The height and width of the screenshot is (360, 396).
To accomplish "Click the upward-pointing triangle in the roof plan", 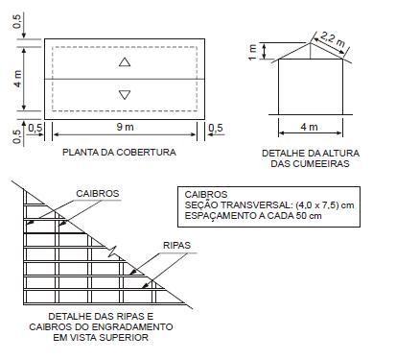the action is (x=125, y=62).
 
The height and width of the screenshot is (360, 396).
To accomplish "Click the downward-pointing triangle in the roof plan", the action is (x=125, y=94).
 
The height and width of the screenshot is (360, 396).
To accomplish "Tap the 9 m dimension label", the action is (x=126, y=127).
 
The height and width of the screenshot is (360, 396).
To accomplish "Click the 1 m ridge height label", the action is (x=252, y=49).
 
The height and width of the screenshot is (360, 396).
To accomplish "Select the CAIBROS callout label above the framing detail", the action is (x=98, y=193).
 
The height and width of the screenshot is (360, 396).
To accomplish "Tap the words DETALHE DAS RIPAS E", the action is (x=101, y=316).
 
